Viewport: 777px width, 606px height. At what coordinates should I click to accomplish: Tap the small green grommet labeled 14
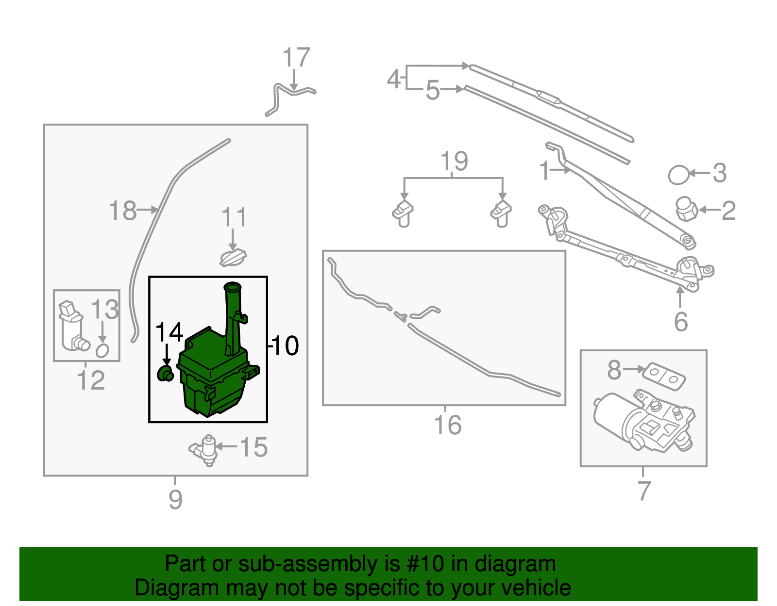(165, 374)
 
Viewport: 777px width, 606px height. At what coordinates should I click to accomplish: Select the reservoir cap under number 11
(233, 258)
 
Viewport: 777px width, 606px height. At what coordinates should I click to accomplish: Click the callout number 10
(285, 346)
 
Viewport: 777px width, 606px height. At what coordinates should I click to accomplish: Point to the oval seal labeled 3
(678, 175)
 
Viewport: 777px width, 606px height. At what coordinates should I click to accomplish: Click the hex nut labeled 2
(686, 209)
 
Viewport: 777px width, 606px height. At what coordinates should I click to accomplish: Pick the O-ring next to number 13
(102, 350)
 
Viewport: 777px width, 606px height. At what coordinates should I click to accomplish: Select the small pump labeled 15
(206, 450)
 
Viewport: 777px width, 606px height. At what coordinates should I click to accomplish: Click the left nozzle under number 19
(403, 213)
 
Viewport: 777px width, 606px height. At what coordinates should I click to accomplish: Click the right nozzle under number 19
(501, 213)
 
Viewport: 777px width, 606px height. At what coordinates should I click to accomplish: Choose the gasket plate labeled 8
(664, 377)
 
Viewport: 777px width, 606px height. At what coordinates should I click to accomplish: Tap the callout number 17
(296, 58)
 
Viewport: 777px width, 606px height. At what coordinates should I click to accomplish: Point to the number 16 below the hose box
(447, 425)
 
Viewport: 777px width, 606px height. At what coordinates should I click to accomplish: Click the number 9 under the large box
(175, 499)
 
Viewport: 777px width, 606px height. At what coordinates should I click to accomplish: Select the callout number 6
(681, 322)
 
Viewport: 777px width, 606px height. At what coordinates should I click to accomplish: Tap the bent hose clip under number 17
(289, 97)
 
